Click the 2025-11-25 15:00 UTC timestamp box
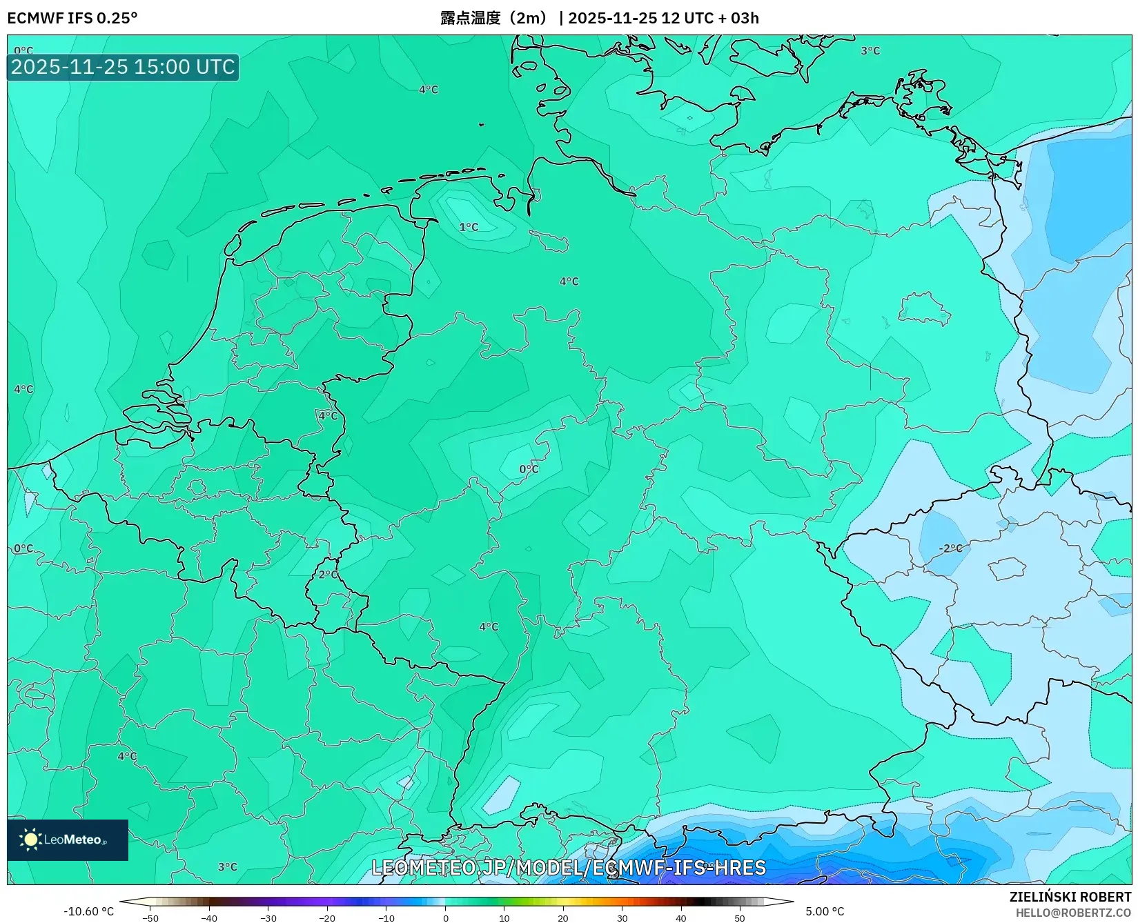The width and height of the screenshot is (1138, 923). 123,68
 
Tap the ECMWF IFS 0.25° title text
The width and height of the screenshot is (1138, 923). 72,18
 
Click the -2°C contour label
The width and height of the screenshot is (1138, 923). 950,548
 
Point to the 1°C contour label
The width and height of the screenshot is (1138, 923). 469,227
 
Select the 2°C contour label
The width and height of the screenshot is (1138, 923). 328,575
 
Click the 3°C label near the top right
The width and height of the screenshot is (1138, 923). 870,51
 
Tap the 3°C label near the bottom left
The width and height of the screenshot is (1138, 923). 227,867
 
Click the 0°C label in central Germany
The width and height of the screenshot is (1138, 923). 529,469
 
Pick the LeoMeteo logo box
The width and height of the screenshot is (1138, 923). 68,840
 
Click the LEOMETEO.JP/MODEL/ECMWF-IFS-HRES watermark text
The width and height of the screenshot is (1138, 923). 569,868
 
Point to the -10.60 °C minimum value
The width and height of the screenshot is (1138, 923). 88,911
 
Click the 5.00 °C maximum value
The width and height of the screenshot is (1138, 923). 825,911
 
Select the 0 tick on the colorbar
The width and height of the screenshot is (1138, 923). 445,917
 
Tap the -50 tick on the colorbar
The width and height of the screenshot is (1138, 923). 150,917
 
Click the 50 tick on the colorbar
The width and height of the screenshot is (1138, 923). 740,917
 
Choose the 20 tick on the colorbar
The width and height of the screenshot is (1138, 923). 563,917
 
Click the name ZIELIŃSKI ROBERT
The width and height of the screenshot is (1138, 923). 1070,897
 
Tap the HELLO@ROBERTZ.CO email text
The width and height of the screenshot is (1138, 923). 1073,913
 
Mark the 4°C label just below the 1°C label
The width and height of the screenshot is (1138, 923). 569,281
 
